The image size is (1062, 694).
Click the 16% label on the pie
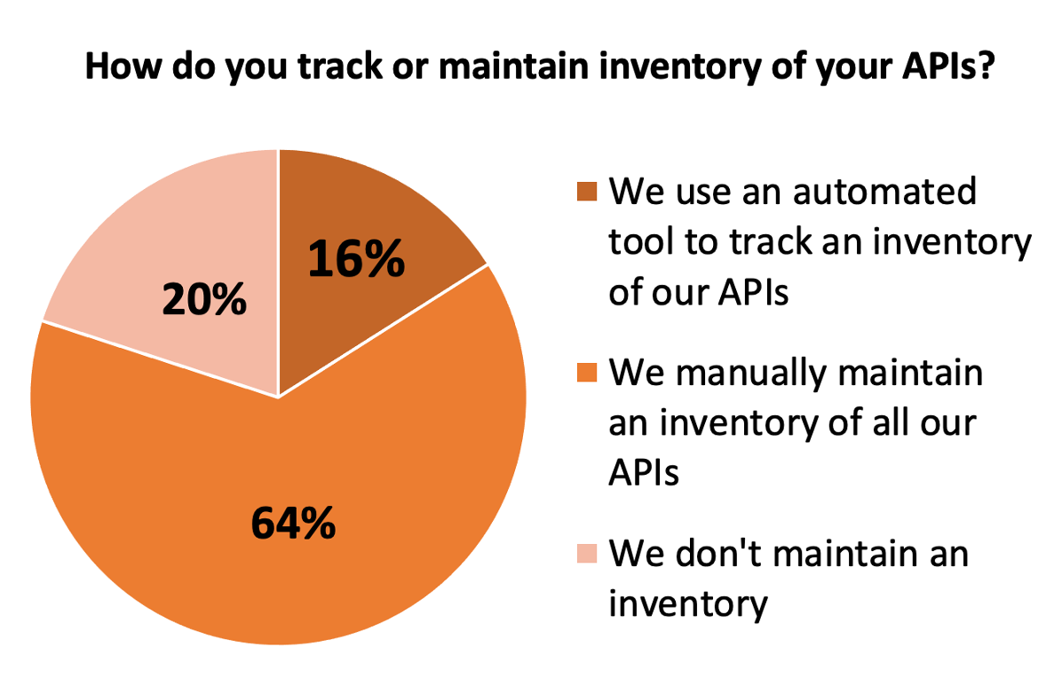point(356,258)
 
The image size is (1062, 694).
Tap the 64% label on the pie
point(293,524)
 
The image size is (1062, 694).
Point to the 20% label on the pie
point(204,298)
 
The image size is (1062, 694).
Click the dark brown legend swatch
point(587,192)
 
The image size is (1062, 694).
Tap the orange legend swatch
point(587,373)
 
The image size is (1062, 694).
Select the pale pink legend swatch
point(587,553)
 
